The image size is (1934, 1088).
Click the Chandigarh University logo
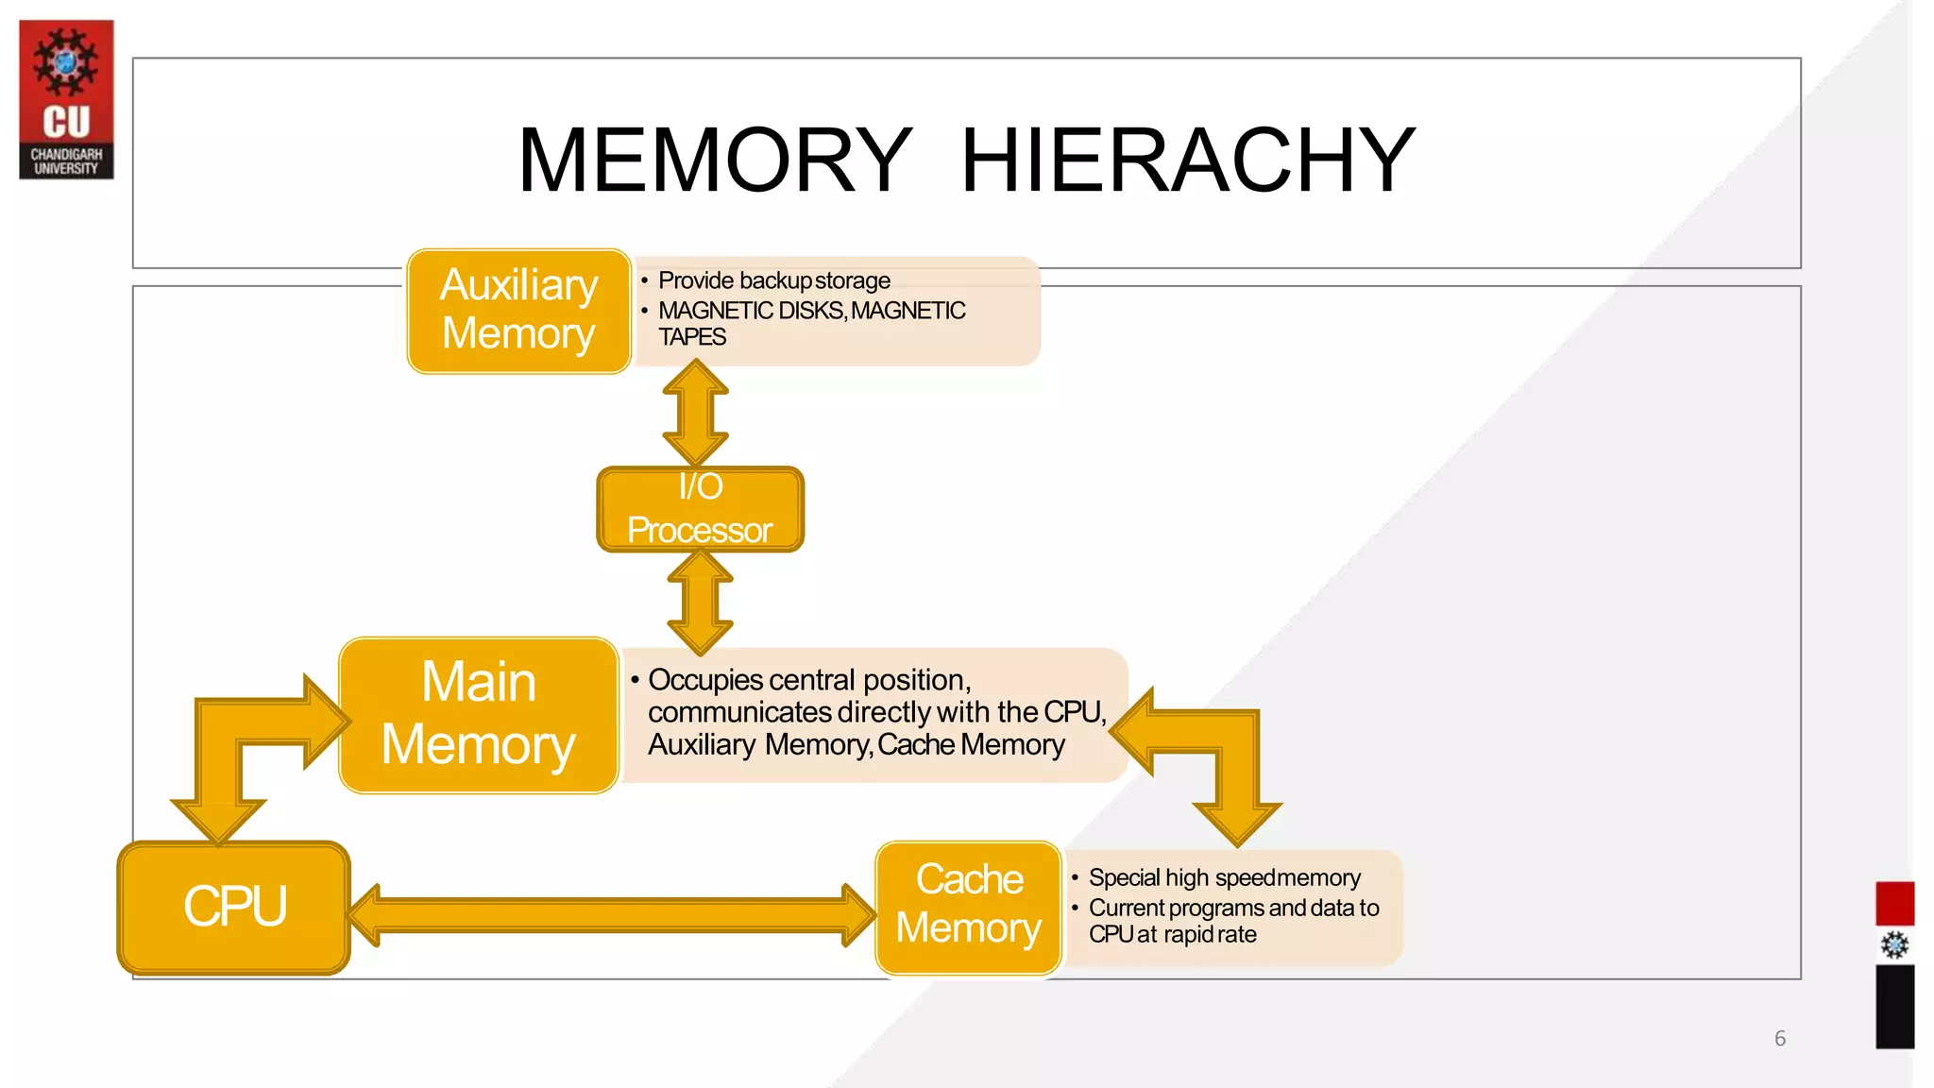66,99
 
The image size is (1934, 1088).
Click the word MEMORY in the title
715,161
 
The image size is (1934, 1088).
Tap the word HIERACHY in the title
1187,161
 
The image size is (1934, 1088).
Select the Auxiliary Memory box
518,311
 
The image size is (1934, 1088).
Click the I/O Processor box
700,509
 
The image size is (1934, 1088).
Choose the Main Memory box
479,715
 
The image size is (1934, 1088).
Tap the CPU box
234,907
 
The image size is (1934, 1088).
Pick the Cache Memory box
969,907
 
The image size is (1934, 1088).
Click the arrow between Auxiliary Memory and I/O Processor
696,414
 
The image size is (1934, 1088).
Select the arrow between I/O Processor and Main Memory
700,603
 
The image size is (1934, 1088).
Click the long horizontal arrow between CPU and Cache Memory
612,914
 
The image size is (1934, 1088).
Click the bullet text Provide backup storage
773,280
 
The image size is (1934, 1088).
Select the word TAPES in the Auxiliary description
692,337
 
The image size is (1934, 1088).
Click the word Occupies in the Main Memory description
705,680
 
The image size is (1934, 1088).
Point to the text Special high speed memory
1224,877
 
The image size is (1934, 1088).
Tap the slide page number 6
1779,1038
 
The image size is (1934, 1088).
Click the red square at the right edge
1893,903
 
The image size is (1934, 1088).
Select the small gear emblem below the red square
1893,945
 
